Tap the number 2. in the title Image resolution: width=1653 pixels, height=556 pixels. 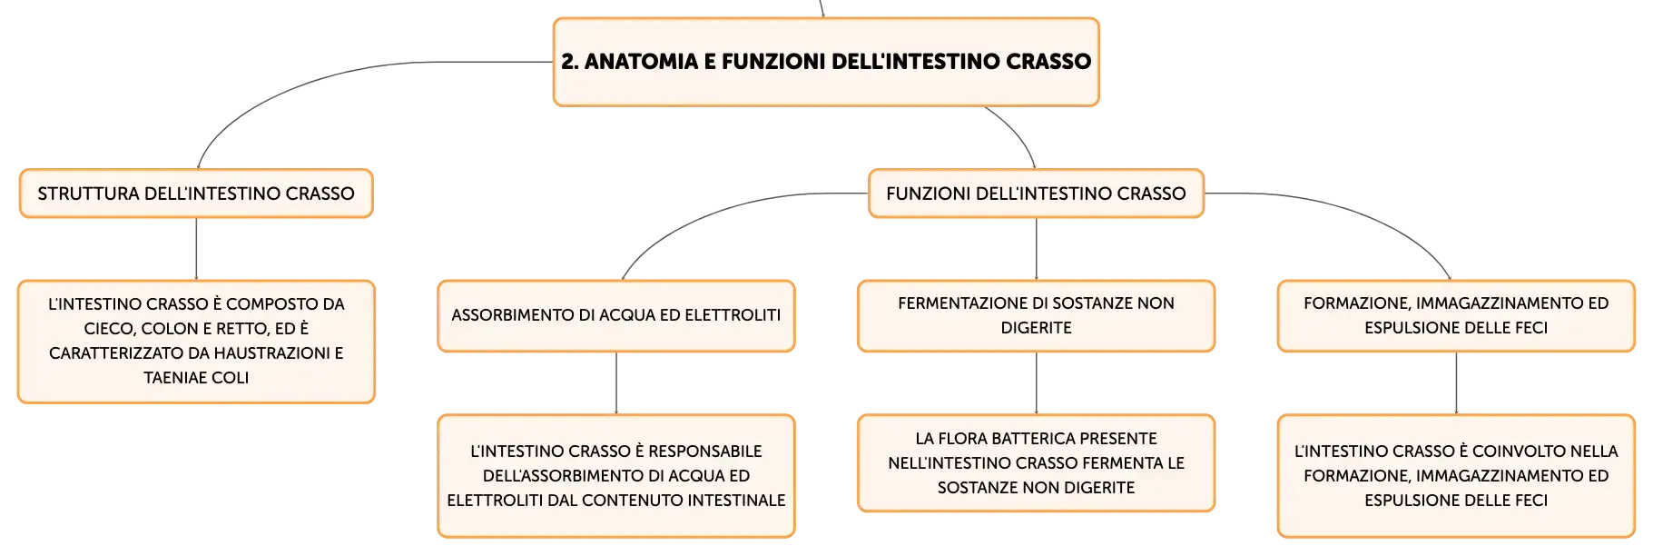[x=569, y=62]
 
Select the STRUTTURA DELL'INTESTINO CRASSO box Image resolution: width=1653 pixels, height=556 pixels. [x=196, y=194]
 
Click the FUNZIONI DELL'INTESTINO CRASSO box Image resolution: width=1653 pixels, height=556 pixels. [x=1036, y=194]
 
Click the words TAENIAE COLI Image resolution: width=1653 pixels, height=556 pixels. [x=196, y=378]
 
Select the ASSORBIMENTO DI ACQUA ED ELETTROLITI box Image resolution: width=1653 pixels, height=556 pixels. [x=616, y=315]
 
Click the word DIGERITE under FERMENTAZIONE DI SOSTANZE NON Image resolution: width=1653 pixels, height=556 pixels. [x=1036, y=328]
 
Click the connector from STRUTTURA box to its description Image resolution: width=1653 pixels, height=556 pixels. [x=196, y=249]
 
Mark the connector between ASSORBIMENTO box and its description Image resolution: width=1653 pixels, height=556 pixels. [x=616, y=383]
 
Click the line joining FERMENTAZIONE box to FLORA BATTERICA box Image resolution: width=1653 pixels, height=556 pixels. [x=1036, y=383]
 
